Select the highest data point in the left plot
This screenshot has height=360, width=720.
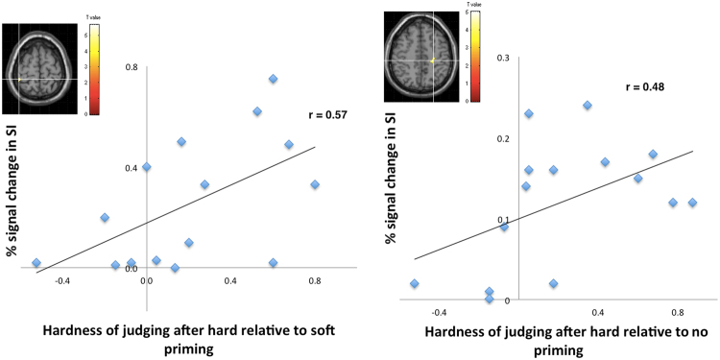tap(274, 79)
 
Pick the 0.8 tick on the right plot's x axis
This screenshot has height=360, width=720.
tap(677, 312)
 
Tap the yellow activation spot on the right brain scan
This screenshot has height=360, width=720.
tap(433, 60)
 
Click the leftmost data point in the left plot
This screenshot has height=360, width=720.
tap(36, 262)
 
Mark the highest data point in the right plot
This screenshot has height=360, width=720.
tap(588, 105)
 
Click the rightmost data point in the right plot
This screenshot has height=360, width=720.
tap(692, 203)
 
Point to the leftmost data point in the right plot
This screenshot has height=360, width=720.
tap(414, 283)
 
